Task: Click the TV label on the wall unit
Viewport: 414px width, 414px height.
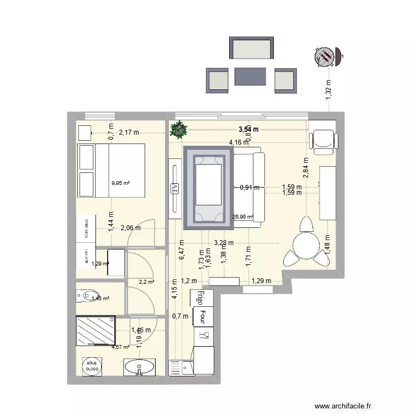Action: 175,189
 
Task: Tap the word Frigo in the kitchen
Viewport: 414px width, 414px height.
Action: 201,298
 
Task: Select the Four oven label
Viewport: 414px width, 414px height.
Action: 203,317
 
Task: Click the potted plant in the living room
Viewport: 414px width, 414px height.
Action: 179,130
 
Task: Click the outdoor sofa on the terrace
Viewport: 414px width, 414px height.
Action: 251,48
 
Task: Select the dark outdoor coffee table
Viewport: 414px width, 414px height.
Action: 251,77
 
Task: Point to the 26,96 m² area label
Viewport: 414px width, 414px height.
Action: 243,217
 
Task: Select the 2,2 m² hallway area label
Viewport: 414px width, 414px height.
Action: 146,282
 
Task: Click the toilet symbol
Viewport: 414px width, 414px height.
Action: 86,297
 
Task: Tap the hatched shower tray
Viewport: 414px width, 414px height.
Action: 96,331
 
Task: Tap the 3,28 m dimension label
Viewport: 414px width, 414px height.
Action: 223,242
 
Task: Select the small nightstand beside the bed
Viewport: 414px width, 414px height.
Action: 84,132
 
